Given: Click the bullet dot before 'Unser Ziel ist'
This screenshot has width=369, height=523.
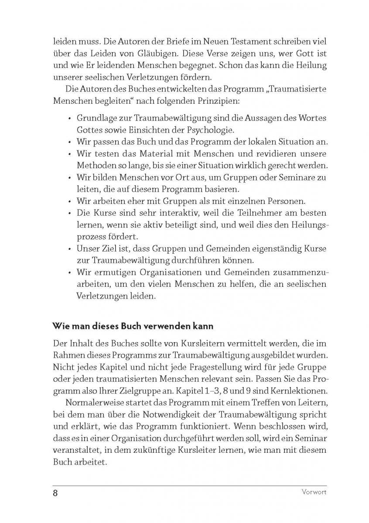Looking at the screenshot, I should [x=70, y=250].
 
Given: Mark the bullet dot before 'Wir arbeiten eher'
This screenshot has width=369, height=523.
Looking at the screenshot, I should [x=70, y=202].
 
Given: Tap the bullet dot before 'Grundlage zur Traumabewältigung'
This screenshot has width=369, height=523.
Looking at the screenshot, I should [x=70, y=119].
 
